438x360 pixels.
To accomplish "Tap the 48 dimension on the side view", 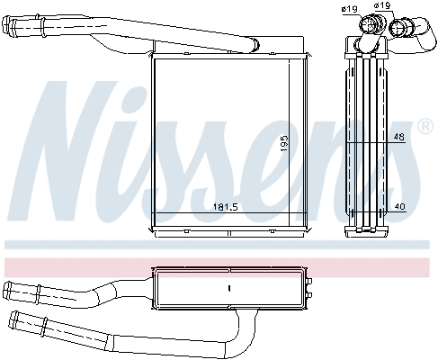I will click(398, 138).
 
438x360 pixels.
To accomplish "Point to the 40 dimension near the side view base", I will click(400, 207).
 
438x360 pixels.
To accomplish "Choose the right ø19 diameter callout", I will click(383, 6).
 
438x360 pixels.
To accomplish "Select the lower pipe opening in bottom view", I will click(14, 319).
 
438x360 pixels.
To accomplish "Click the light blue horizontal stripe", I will click(216, 243).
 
